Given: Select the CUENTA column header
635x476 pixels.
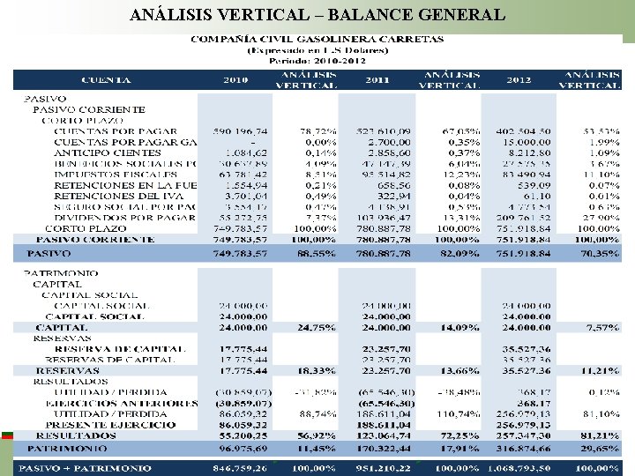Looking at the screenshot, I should tap(106, 80).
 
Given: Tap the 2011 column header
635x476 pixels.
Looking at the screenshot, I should tap(377, 80).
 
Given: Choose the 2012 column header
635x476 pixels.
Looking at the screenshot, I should tap(519, 80).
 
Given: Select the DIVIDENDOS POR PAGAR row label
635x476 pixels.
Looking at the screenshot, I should tap(124, 217).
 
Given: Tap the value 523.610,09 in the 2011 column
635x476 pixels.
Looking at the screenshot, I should tap(379, 131).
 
